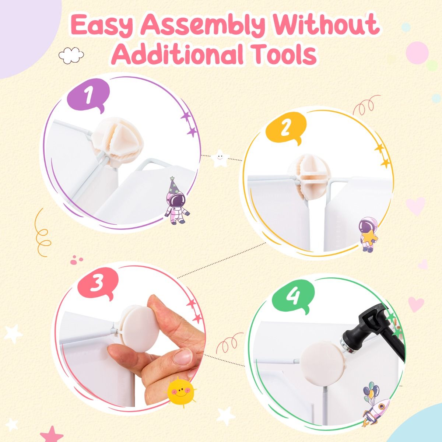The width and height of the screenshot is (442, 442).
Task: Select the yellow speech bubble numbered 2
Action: pyautogui.click(x=286, y=129)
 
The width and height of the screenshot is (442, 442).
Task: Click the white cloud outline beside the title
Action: pyautogui.click(x=71, y=55)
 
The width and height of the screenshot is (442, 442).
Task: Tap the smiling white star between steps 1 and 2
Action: pyautogui.click(x=220, y=158)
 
